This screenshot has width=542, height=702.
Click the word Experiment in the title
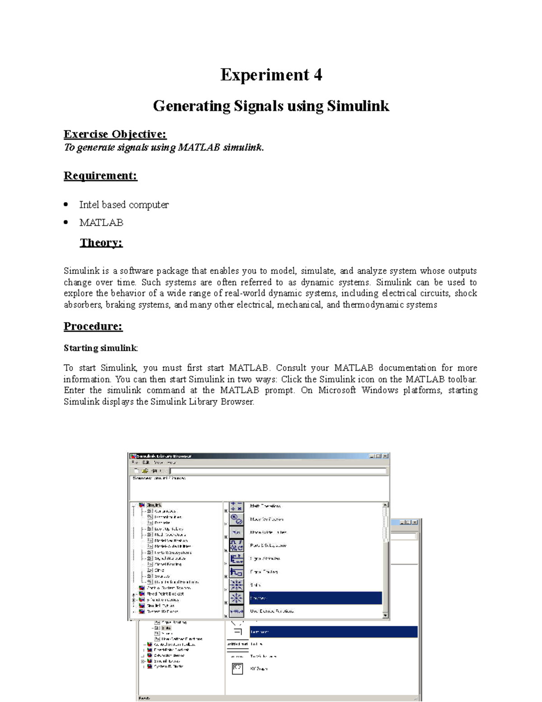click(x=264, y=75)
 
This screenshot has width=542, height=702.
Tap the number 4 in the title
click(x=318, y=75)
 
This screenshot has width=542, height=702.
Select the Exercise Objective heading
click(x=115, y=134)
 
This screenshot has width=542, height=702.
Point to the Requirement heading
click(x=100, y=175)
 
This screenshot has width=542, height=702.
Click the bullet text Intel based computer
click(x=124, y=205)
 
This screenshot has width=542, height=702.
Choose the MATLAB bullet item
click(x=101, y=222)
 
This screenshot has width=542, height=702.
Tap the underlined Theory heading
click(x=101, y=243)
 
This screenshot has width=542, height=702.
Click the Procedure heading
click(x=93, y=326)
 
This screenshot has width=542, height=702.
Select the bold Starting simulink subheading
click(x=100, y=348)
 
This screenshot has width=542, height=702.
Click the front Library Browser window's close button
click(x=385, y=456)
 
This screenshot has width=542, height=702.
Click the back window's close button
click(x=415, y=522)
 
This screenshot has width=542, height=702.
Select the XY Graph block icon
click(x=237, y=668)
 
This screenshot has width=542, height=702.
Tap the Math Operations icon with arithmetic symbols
click(x=236, y=506)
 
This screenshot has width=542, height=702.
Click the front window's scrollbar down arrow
click(x=385, y=615)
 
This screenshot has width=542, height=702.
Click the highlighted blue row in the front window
click(x=315, y=598)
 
